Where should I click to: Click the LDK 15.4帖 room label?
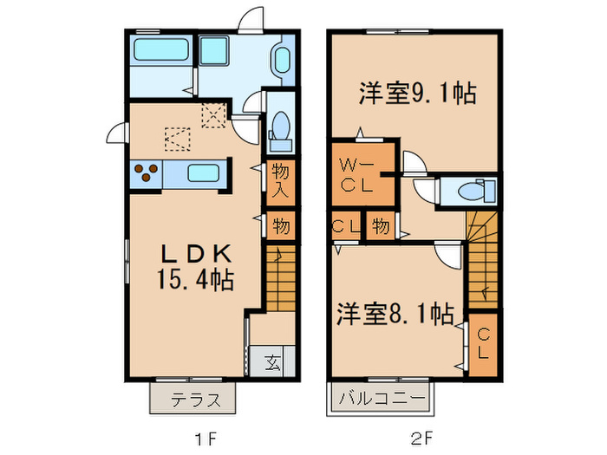[x=195, y=266]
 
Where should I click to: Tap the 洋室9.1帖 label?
[x=416, y=94]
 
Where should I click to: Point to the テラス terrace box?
[x=193, y=400]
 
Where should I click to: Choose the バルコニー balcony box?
[x=381, y=400]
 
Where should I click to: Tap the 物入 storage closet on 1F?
[x=279, y=181]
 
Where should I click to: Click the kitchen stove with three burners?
[x=146, y=173]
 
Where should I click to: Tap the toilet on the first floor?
[x=279, y=126]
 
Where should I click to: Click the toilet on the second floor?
[x=473, y=191]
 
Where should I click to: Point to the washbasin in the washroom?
[x=283, y=61]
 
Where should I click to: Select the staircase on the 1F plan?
[x=279, y=277]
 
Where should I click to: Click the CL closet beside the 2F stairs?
[x=484, y=344]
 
